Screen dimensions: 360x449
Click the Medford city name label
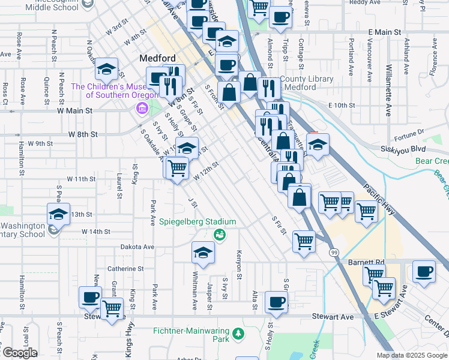click(x=157, y=58)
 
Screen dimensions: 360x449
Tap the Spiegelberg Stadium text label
click(x=197, y=222)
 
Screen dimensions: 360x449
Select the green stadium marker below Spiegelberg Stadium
click(x=220, y=233)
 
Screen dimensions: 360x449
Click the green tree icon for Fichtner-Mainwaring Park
click(x=238, y=333)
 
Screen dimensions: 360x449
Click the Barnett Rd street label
click(x=366, y=263)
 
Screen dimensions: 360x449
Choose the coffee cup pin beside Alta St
click(x=276, y=302)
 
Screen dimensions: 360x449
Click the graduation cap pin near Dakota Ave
click(x=203, y=252)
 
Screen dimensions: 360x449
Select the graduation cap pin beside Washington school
click(x=59, y=214)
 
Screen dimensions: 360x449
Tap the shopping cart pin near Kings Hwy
click(x=112, y=310)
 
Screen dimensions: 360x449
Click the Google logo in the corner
click(x=19, y=353)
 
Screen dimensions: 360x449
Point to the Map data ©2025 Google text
click(x=411, y=355)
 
